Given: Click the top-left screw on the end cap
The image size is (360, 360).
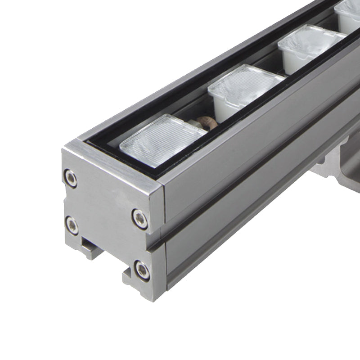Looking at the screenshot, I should coord(71,178).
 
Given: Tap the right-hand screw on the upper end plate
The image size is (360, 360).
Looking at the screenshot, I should coord(140,218).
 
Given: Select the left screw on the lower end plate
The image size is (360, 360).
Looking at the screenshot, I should coord(72,225).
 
